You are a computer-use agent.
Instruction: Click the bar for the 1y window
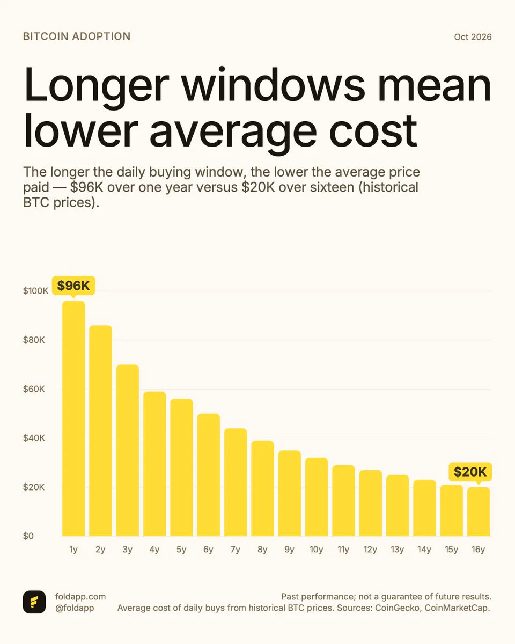point(73,419)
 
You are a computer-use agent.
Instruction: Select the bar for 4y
point(154,464)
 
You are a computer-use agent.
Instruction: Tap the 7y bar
point(236,482)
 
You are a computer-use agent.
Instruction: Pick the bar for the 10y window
point(317,497)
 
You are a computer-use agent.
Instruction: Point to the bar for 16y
point(479,512)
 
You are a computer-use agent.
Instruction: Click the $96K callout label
point(73,286)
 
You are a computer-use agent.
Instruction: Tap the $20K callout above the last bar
point(470,472)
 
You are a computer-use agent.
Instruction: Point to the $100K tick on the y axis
point(35,291)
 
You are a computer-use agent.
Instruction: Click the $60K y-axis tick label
point(34,389)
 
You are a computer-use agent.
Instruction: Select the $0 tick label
point(28,536)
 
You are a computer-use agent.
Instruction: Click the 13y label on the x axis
point(398,550)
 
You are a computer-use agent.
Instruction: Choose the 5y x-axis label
point(181,550)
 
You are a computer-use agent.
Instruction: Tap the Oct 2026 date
point(473,37)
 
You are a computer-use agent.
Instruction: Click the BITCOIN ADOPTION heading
point(77,36)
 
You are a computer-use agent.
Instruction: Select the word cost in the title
point(373,131)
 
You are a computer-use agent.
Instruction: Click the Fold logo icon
point(34,602)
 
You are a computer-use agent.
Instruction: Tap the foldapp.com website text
point(80,596)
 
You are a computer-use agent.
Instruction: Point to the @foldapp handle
point(75,608)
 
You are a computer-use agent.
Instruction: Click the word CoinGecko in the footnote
point(397,608)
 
